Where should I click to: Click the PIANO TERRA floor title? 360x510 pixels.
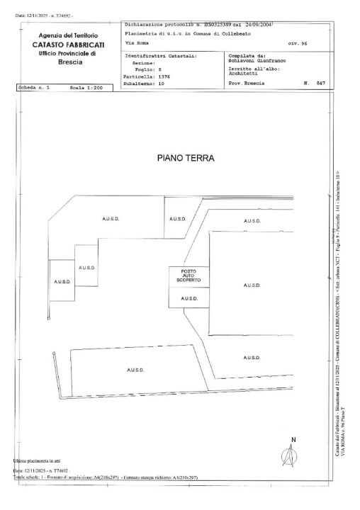click(x=184, y=159)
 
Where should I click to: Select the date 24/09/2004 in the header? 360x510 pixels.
click(x=259, y=24)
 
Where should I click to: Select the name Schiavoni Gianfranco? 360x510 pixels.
click(x=264, y=62)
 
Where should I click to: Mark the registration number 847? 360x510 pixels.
click(x=320, y=84)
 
